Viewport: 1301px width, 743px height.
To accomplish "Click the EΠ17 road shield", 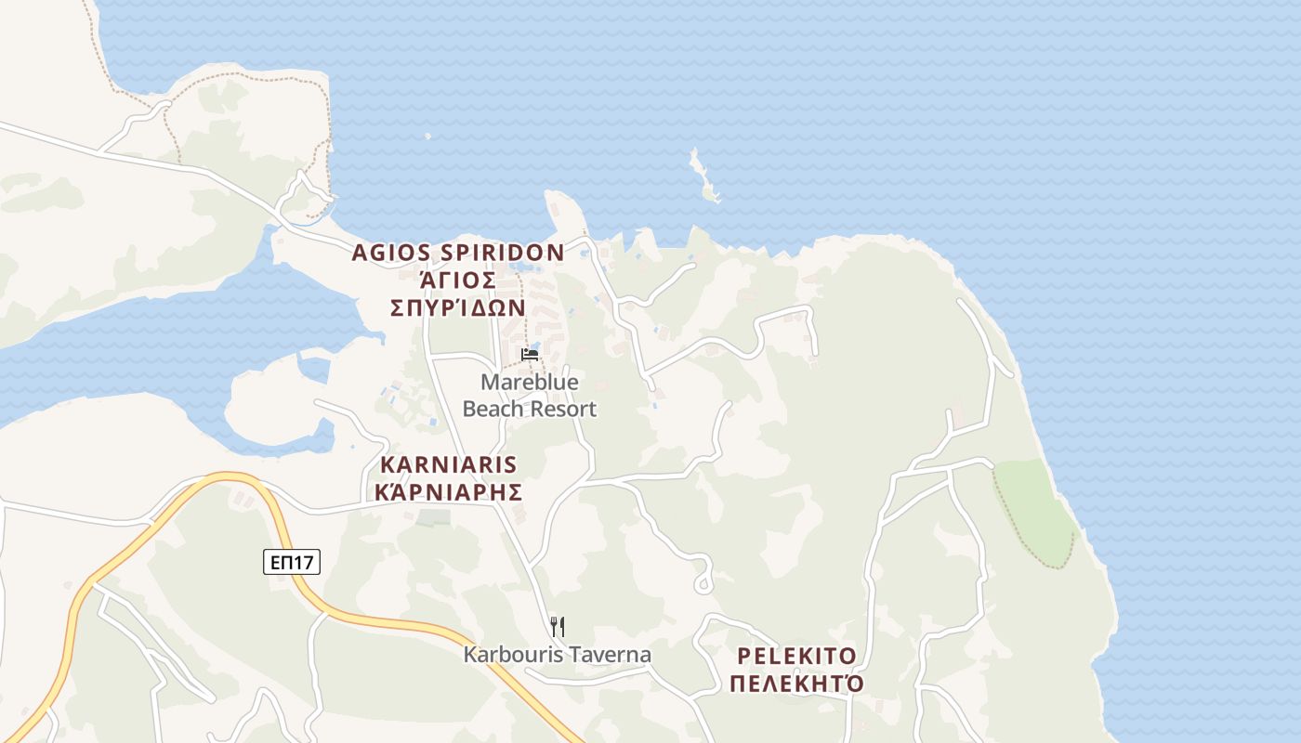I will coord(291,562).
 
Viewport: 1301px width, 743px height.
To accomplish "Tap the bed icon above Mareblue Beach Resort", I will coord(530,354).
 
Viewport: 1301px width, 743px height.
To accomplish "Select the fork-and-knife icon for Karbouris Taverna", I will coord(557,627).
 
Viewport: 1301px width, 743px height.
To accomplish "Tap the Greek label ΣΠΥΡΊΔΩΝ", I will coord(458,307).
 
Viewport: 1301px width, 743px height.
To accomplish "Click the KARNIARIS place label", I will coord(449,464).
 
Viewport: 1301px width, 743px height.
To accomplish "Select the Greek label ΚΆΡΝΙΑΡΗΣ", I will coord(449,492).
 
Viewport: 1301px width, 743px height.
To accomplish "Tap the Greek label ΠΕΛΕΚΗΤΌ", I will coord(796,684).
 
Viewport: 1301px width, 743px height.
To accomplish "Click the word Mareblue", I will coord(529,382).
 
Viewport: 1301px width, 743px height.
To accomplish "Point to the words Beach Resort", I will coord(529,409).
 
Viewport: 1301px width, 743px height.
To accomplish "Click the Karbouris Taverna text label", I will coord(558,655).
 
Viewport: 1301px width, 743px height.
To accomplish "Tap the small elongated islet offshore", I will coord(703,176).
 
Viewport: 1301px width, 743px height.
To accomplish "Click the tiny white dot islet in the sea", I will coord(427,137).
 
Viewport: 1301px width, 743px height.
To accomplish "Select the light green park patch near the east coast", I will coord(1032,511).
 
